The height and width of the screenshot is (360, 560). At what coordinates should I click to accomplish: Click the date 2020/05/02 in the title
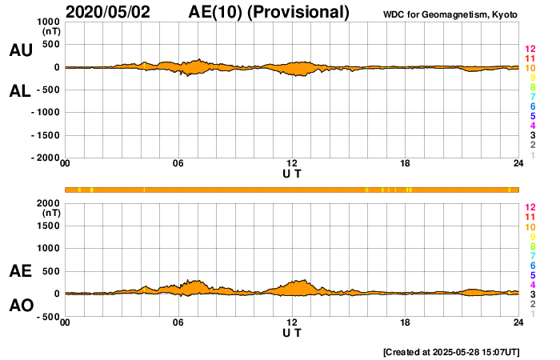[112, 12]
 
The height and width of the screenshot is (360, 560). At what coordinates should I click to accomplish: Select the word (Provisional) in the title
[300, 12]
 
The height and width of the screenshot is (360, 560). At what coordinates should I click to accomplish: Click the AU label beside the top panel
[20, 50]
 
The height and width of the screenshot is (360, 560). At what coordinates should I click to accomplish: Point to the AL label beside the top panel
[20, 90]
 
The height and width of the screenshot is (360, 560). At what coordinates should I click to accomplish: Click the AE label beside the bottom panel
[20, 272]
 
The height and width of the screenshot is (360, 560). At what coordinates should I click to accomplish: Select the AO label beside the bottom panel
[20, 306]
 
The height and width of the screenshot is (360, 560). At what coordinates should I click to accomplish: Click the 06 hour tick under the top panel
[178, 164]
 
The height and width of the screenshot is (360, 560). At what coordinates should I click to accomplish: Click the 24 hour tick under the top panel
[518, 164]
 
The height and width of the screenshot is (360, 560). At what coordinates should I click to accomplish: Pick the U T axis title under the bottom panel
[292, 332]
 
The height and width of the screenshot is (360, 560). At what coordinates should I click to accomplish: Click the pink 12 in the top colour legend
[530, 49]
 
